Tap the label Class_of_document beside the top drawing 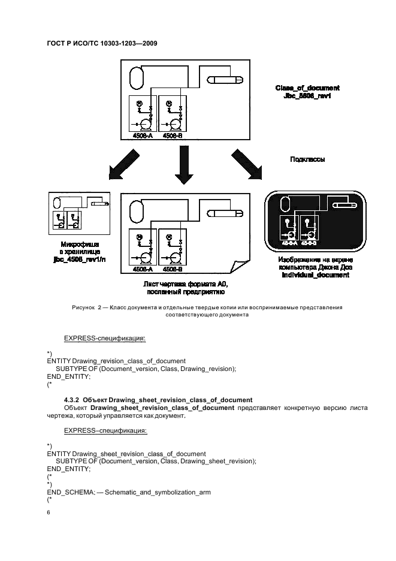point(307,88)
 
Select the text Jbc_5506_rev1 point(307,96)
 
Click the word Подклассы point(307,159)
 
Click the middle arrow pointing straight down point(183,167)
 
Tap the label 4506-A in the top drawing point(143,136)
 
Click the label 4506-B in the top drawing point(172,136)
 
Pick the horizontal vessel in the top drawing point(225,80)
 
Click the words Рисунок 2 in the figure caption point(87,307)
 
